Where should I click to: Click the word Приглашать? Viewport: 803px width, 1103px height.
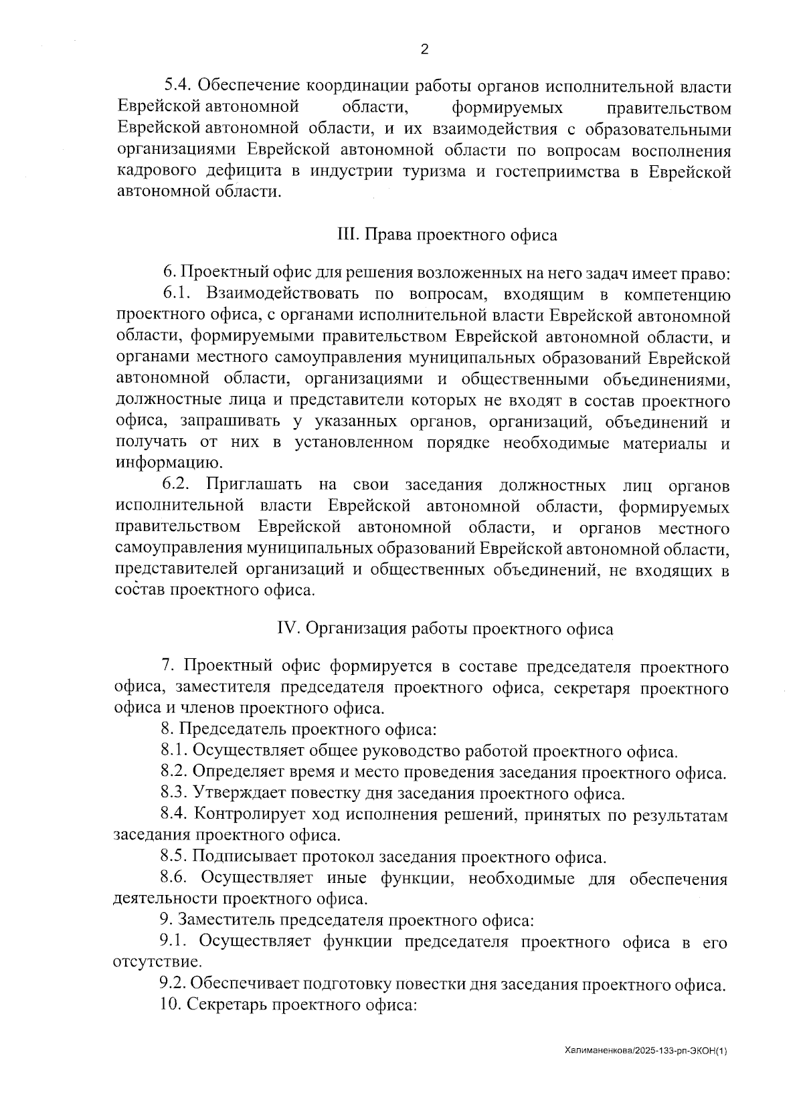(254, 484)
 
